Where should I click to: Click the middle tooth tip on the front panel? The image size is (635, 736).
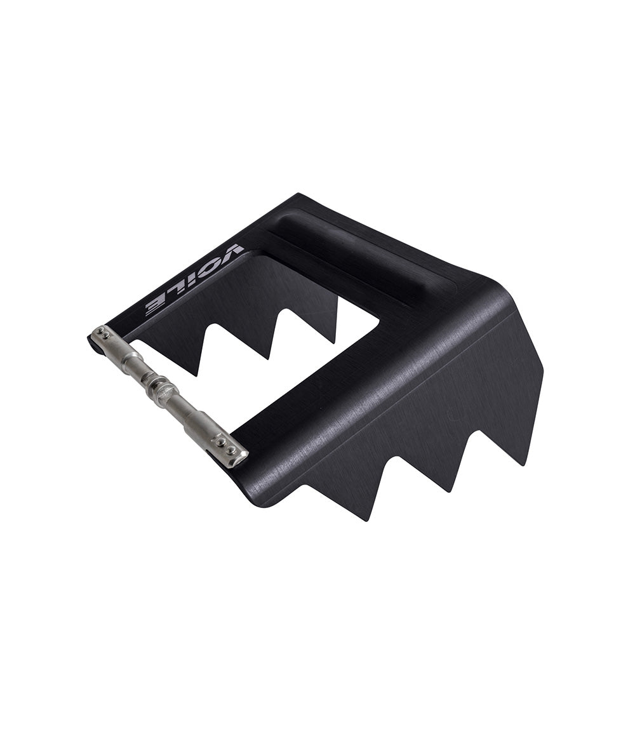(x=452, y=493)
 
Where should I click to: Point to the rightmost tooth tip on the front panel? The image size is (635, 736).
(x=523, y=465)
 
